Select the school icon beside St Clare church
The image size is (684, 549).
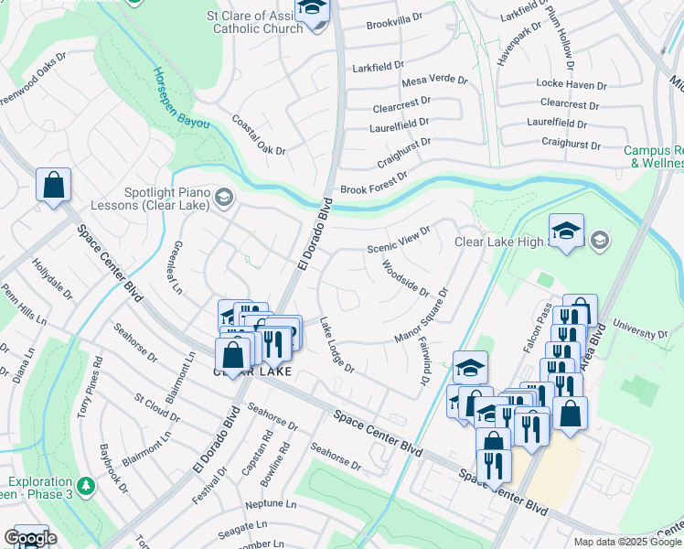312,12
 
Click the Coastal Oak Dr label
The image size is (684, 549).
259,135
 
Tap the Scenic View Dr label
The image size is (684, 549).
398,241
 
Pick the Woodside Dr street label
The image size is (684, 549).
405,278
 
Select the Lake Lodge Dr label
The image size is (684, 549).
337,344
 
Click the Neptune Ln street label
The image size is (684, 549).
271,504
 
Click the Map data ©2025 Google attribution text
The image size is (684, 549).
627,542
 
